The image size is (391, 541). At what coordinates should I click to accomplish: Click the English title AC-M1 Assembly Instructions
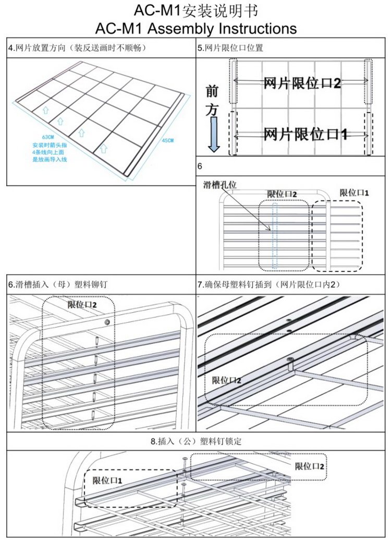coord(196,27)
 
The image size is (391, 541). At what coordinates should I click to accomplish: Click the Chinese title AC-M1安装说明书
coord(195,10)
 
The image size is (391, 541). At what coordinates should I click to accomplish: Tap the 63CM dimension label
coord(48,137)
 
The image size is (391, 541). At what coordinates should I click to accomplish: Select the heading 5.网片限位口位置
coord(230,47)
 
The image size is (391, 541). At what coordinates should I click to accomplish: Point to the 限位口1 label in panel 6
coord(355,193)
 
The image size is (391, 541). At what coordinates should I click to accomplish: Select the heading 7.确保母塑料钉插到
coord(269,284)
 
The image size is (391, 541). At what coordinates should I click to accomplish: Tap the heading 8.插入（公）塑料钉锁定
coord(196,441)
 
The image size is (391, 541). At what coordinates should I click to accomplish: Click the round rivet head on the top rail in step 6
coord(107,322)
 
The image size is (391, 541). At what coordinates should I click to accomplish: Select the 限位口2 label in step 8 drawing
coord(310,466)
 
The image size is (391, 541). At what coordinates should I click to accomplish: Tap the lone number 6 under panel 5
coord(200,166)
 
